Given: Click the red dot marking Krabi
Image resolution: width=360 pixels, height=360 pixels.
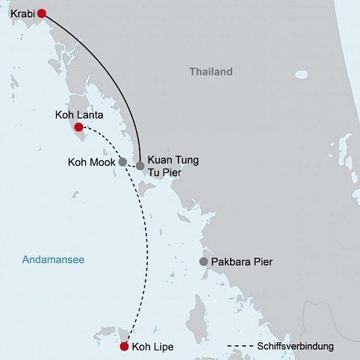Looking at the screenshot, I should (x=42, y=13).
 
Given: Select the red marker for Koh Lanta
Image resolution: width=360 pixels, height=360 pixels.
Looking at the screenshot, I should (x=78, y=127).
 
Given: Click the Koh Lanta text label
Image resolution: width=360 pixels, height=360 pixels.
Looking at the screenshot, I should (x=78, y=116).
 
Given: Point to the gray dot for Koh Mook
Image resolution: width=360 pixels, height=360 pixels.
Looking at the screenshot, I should (x=122, y=161).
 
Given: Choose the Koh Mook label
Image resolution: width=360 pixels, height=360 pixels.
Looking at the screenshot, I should (x=91, y=161).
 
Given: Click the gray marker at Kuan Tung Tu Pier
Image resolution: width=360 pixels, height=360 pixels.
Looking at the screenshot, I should (x=140, y=166).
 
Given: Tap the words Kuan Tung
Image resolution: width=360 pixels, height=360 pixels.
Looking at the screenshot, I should (x=173, y=160).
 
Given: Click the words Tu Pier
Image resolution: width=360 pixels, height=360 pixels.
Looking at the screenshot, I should (x=165, y=173).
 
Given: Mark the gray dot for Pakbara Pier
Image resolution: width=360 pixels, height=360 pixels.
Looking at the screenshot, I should (x=203, y=262).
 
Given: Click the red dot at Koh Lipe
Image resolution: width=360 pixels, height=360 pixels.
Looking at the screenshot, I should (x=124, y=346).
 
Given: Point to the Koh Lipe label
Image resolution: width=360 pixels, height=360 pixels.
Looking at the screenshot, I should (x=152, y=347).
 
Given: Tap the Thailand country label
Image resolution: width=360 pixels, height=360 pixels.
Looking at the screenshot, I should (x=211, y=72).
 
